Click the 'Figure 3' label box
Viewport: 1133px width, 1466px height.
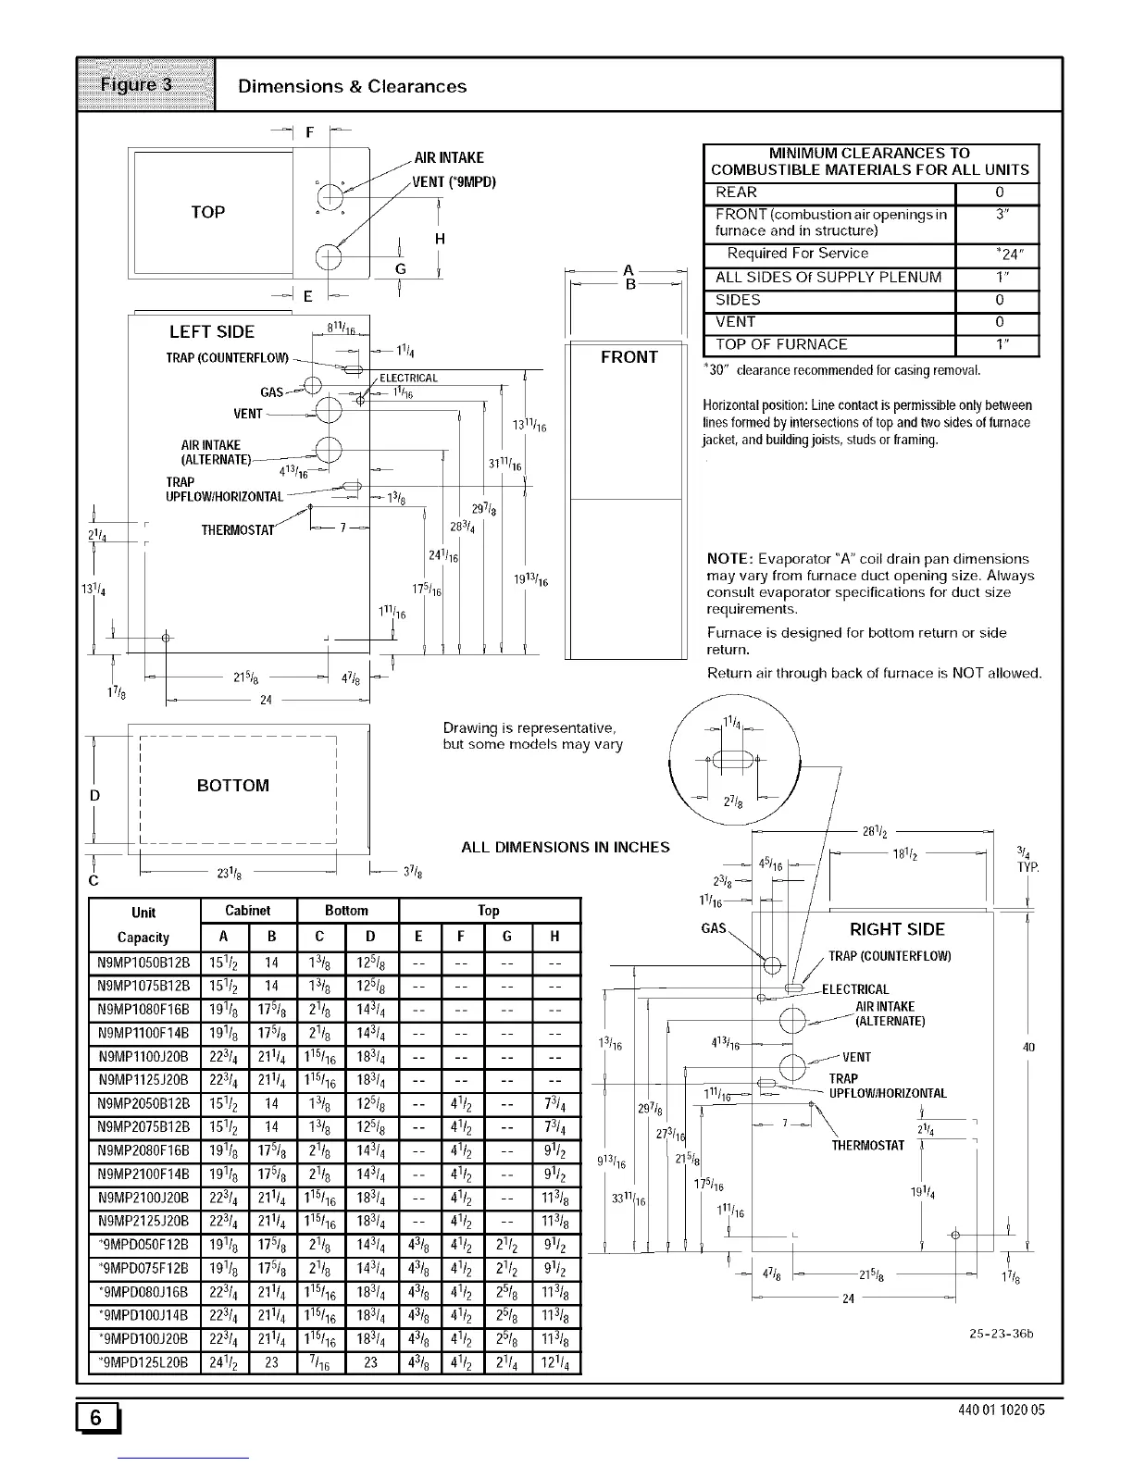coord(146,85)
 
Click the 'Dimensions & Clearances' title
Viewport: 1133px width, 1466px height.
coord(352,86)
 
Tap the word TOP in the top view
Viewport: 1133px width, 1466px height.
coord(208,212)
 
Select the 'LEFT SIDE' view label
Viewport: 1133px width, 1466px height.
coord(211,331)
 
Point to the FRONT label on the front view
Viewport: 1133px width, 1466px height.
coord(629,357)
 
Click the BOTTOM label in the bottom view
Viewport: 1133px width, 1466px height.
coord(233,786)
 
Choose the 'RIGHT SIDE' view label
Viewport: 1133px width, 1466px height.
coord(897,930)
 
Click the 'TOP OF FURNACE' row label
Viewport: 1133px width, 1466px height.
coord(781,344)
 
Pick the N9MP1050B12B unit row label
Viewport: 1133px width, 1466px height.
coord(143,960)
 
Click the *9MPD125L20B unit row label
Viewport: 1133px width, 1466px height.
coord(143,1361)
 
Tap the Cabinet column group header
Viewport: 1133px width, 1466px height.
coord(248,911)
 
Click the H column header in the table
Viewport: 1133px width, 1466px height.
coord(555,937)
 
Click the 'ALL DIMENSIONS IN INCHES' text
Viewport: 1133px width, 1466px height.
coord(565,847)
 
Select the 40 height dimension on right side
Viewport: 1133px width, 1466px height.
coord(1027,1047)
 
